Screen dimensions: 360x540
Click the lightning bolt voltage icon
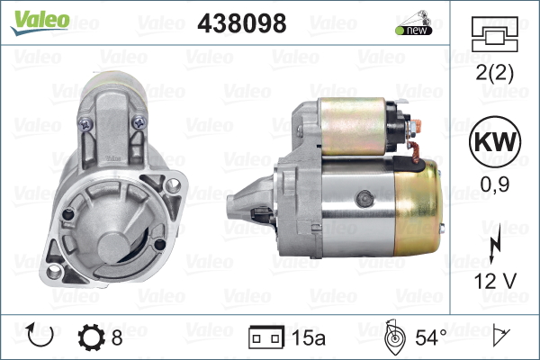click(494, 248)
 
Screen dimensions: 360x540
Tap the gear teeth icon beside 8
click(94, 337)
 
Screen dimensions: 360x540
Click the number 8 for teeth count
click(117, 337)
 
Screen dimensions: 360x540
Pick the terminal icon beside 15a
click(265, 337)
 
